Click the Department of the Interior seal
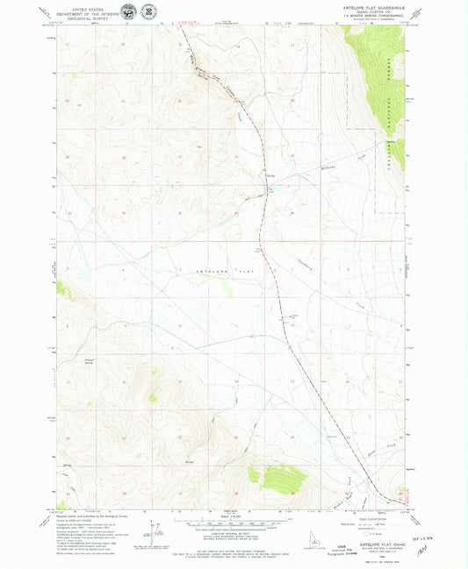[128, 12]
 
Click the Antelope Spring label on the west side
[89, 360]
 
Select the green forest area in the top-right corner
[378, 61]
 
